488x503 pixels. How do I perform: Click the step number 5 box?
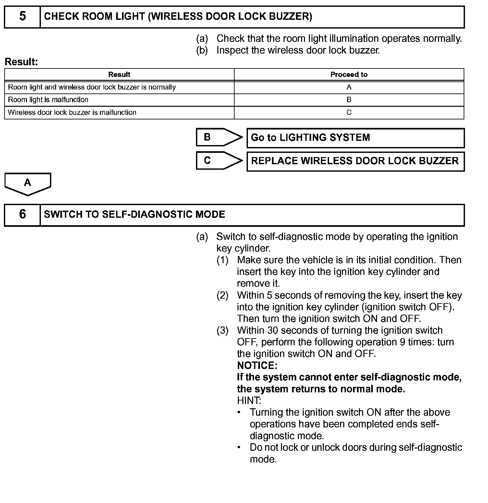(22, 17)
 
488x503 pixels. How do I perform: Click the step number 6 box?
(22, 215)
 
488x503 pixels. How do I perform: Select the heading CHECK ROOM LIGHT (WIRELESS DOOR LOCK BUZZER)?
(178, 17)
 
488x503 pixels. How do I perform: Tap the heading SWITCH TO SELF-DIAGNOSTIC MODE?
(134, 215)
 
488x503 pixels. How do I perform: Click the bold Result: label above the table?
(21, 62)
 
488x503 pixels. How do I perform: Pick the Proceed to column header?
(349, 75)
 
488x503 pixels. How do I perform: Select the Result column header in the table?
(119, 75)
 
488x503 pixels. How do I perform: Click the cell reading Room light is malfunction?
(48, 100)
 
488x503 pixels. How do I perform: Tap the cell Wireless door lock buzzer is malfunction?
(72, 113)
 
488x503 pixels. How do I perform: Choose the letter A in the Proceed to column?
(349, 87)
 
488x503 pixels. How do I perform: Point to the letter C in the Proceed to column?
(349, 113)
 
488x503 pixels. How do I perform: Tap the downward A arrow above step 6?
(28, 183)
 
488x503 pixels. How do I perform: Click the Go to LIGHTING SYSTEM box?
(355, 138)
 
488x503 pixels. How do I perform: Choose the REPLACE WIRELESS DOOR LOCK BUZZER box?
(355, 161)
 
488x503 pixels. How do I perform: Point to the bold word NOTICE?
(257, 366)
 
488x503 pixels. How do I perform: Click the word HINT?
(249, 401)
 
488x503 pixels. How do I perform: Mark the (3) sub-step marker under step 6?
(223, 331)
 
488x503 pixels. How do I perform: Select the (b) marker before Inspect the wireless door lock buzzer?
(202, 51)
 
